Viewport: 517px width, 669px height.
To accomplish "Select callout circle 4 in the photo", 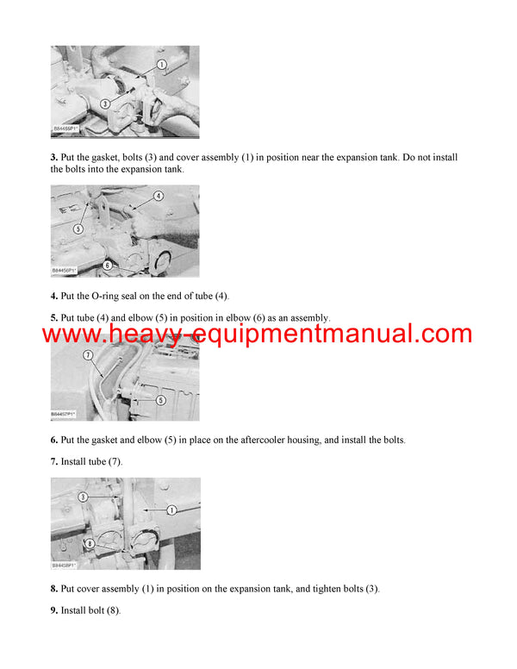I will click(x=158, y=196).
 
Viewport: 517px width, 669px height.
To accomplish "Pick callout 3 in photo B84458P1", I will click(x=84, y=497).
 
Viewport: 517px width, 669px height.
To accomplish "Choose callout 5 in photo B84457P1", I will click(x=160, y=399).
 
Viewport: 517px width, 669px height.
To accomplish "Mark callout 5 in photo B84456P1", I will click(x=78, y=229).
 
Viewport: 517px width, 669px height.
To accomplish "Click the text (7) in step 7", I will click(x=113, y=462).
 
